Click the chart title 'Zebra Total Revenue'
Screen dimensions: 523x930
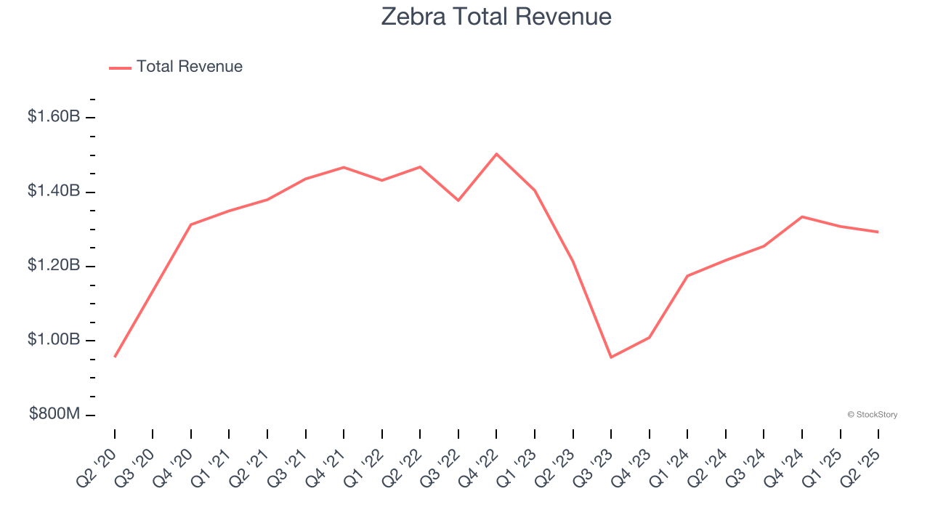496,16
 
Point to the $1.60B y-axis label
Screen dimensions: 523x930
54,116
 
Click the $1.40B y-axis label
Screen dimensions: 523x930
54,191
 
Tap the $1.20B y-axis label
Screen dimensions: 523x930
54,266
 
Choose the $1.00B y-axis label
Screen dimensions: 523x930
54,340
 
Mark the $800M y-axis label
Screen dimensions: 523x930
54,414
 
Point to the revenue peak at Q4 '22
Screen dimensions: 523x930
496,154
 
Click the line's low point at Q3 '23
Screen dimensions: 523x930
611,357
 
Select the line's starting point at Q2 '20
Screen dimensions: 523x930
115,357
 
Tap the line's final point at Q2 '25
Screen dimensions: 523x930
878,232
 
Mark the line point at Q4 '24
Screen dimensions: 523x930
801,216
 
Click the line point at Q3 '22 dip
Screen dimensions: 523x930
458,200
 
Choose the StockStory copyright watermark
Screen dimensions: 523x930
872,415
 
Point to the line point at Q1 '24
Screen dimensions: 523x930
687,276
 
